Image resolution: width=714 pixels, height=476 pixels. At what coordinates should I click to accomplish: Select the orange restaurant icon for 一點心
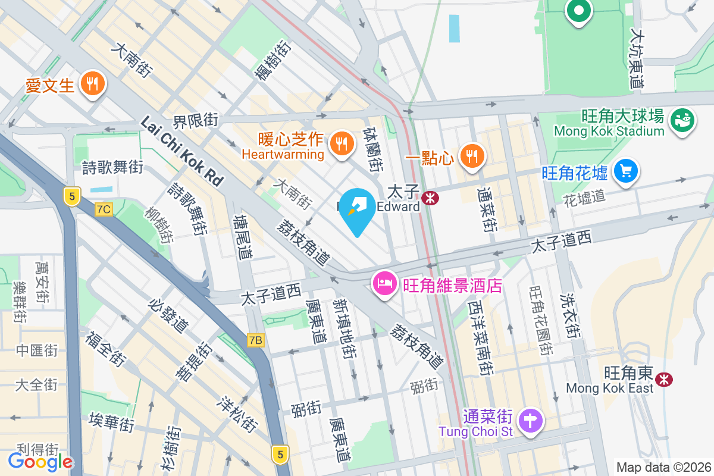click(472, 156)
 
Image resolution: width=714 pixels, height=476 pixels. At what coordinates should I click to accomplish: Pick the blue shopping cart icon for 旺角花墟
click(625, 172)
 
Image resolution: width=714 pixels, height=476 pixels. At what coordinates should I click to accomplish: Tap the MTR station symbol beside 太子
click(430, 197)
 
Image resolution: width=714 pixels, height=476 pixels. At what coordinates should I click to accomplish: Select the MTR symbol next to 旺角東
click(663, 378)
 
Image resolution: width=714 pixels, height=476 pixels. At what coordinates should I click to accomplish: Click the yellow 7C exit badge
click(104, 209)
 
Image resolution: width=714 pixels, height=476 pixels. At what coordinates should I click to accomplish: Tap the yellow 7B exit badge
click(255, 340)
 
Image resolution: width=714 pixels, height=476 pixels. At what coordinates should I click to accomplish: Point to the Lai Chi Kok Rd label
click(181, 151)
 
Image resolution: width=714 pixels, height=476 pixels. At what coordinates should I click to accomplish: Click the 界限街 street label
click(195, 121)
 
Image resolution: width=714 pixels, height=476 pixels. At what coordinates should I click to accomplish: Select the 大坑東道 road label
click(637, 59)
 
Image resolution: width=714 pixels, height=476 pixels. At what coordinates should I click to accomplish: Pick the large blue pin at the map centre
click(358, 208)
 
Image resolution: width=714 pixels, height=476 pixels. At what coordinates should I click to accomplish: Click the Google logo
click(40, 461)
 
